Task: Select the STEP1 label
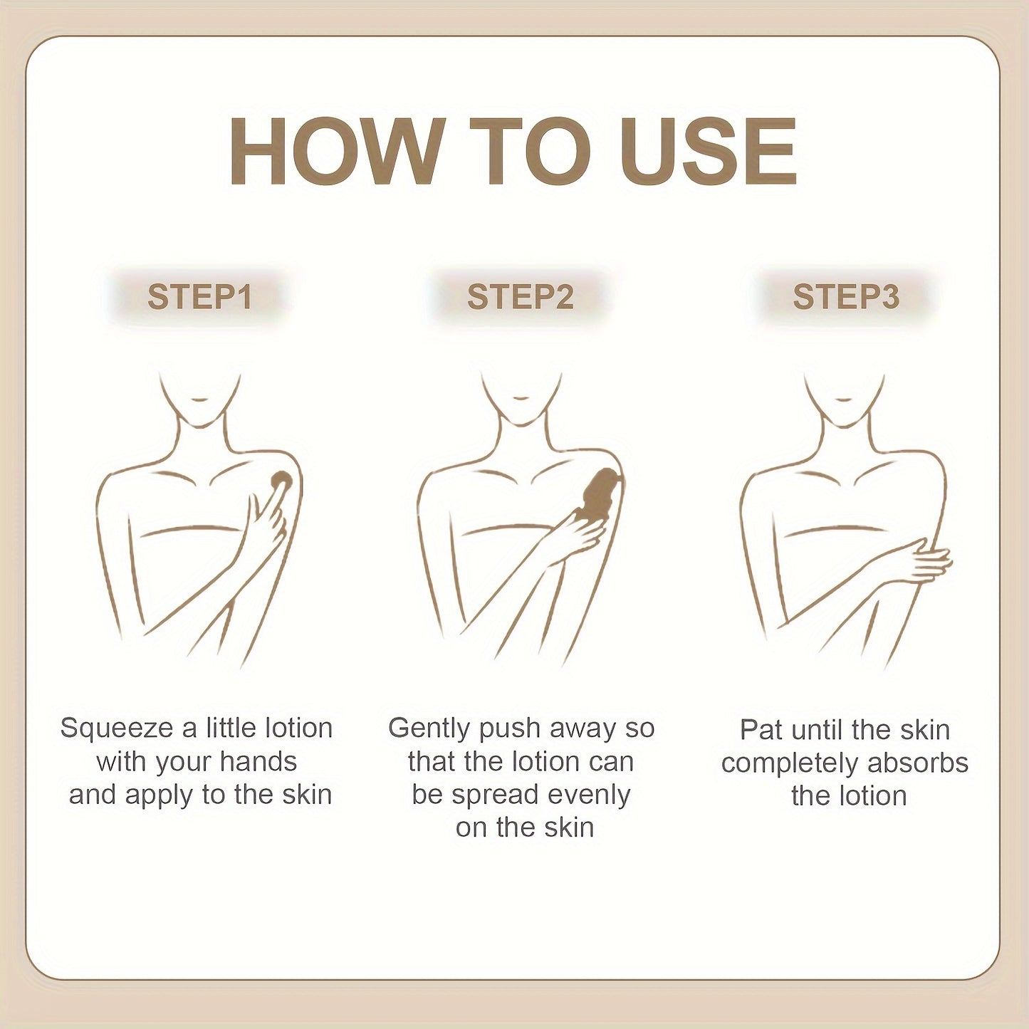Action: click(199, 297)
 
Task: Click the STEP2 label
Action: click(520, 297)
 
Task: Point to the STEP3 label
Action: click(846, 297)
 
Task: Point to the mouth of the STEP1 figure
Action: click(199, 399)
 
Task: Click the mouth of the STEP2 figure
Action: click(520, 399)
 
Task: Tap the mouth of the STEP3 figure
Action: click(844, 399)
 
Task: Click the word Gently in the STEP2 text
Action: click(429, 729)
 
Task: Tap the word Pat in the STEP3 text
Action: click(762, 731)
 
